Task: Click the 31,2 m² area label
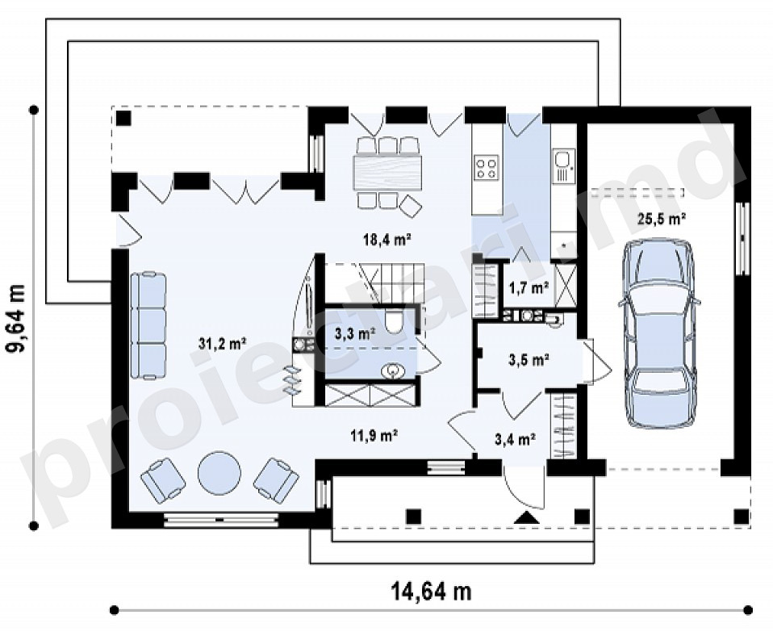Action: pyautogui.click(x=223, y=344)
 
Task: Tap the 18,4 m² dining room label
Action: pyautogui.click(x=387, y=240)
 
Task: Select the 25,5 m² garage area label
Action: pyautogui.click(x=662, y=218)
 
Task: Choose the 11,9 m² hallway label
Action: pyautogui.click(x=374, y=435)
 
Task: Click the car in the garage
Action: pyautogui.click(x=659, y=334)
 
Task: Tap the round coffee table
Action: pyautogui.click(x=219, y=472)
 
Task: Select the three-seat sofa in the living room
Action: pyautogui.click(x=148, y=326)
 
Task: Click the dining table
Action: pyautogui.click(x=387, y=173)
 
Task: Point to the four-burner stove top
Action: pyautogui.click(x=486, y=167)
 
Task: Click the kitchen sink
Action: pyautogui.click(x=562, y=161)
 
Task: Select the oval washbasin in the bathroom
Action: pyautogui.click(x=393, y=370)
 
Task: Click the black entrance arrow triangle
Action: pyautogui.click(x=527, y=517)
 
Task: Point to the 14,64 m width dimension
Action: pyautogui.click(x=432, y=591)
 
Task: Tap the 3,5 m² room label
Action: pyautogui.click(x=529, y=360)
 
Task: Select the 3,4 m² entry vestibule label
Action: pyautogui.click(x=515, y=438)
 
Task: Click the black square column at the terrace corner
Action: pyautogui.click(x=123, y=119)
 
